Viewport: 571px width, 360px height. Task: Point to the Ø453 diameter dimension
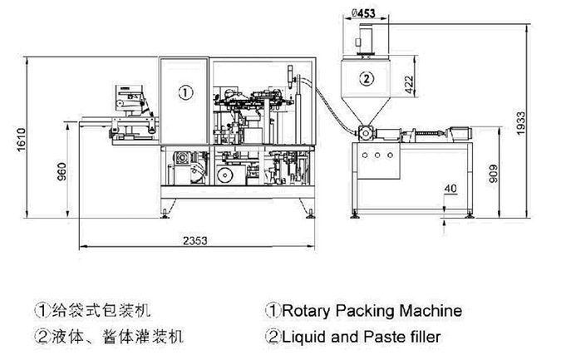(367, 12)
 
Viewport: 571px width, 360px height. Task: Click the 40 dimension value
(449, 189)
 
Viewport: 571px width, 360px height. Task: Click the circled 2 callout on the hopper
(366, 78)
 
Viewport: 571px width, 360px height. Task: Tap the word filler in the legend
(424, 337)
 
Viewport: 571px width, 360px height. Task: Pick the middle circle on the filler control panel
(376, 155)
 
